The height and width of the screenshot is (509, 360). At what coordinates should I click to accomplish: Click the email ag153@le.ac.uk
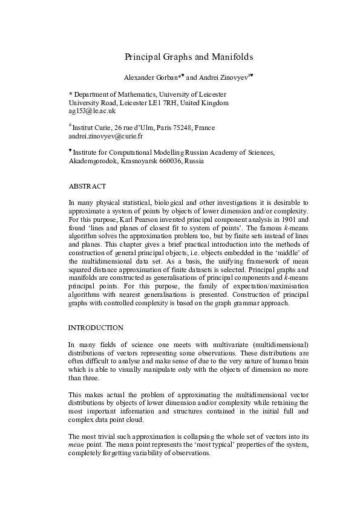(92, 111)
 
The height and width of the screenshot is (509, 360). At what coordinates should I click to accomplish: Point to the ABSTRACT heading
(88, 186)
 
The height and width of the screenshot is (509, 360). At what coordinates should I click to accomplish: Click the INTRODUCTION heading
(96, 328)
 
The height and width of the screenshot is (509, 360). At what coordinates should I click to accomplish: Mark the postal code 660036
(169, 161)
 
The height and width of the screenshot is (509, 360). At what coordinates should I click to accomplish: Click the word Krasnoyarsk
(136, 161)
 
